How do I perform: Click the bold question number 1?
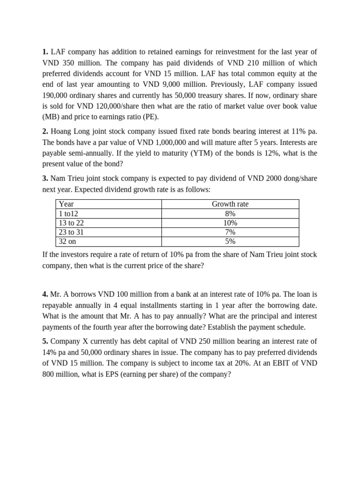tap(45, 52)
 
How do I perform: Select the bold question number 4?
tap(45, 294)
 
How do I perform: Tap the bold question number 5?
tap(45, 341)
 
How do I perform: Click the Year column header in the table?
tap(67, 204)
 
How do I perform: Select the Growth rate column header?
tap(230, 204)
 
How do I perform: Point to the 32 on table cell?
tap(67, 241)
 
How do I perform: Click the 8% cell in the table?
tap(230, 213)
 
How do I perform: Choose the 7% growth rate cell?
tap(230, 232)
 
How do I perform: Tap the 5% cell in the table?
tap(230, 241)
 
